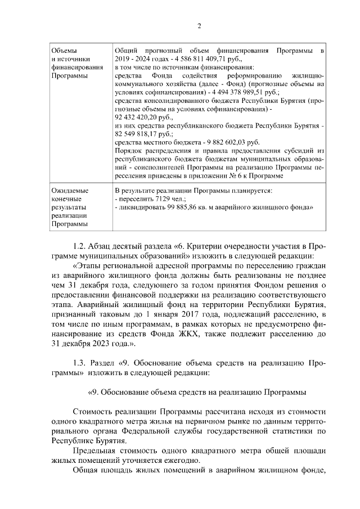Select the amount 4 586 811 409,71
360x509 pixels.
(183, 59)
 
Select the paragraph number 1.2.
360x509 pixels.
(82, 246)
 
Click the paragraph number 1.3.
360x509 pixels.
(82, 362)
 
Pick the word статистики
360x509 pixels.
(295, 430)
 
